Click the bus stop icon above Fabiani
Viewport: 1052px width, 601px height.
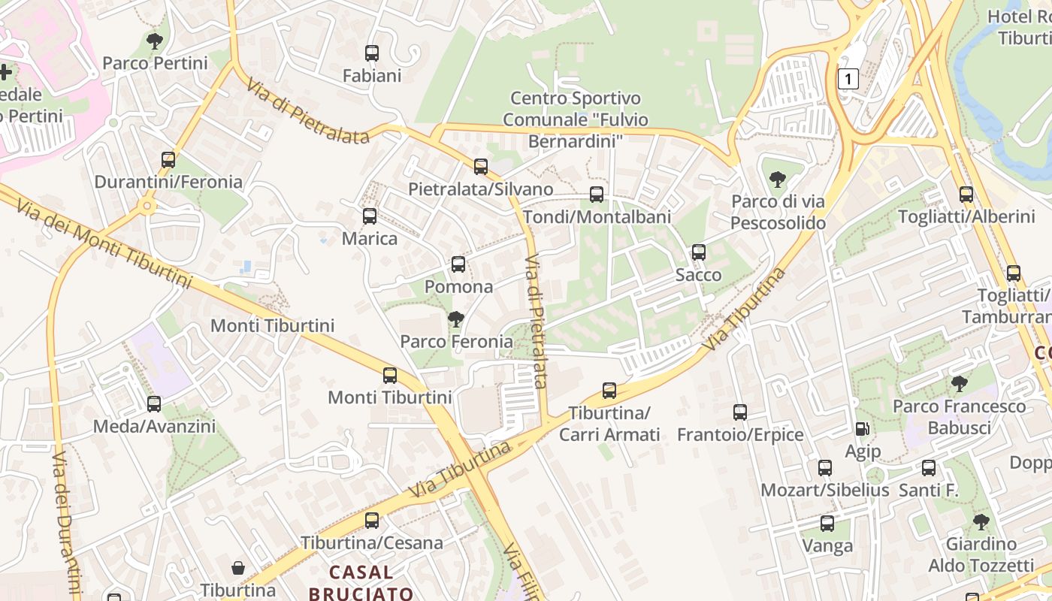click(x=372, y=53)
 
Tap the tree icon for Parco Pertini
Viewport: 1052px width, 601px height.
click(x=155, y=41)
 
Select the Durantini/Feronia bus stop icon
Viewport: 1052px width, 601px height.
click(x=168, y=160)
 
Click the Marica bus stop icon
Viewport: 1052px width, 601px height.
click(x=370, y=216)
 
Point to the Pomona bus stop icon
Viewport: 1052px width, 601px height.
click(x=458, y=264)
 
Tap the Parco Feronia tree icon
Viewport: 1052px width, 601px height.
click(x=456, y=319)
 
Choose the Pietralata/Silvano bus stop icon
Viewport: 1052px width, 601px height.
click(x=481, y=167)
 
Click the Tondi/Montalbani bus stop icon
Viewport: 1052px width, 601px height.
click(x=597, y=195)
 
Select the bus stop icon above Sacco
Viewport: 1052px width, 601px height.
click(x=699, y=252)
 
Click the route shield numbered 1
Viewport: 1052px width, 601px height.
click(x=848, y=79)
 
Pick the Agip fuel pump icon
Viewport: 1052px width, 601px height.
click(x=862, y=429)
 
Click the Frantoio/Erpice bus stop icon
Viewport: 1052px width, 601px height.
click(x=740, y=412)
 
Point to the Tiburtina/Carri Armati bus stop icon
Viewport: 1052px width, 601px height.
click(x=609, y=391)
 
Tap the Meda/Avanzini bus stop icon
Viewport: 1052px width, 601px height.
click(x=154, y=404)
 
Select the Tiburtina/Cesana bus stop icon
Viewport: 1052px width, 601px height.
click(x=372, y=521)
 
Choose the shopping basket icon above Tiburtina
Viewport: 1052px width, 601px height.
click(x=238, y=568)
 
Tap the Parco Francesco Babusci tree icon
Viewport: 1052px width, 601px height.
click(x=959, y=384)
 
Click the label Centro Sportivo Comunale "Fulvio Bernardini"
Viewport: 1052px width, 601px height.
click(x=576, y=119)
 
